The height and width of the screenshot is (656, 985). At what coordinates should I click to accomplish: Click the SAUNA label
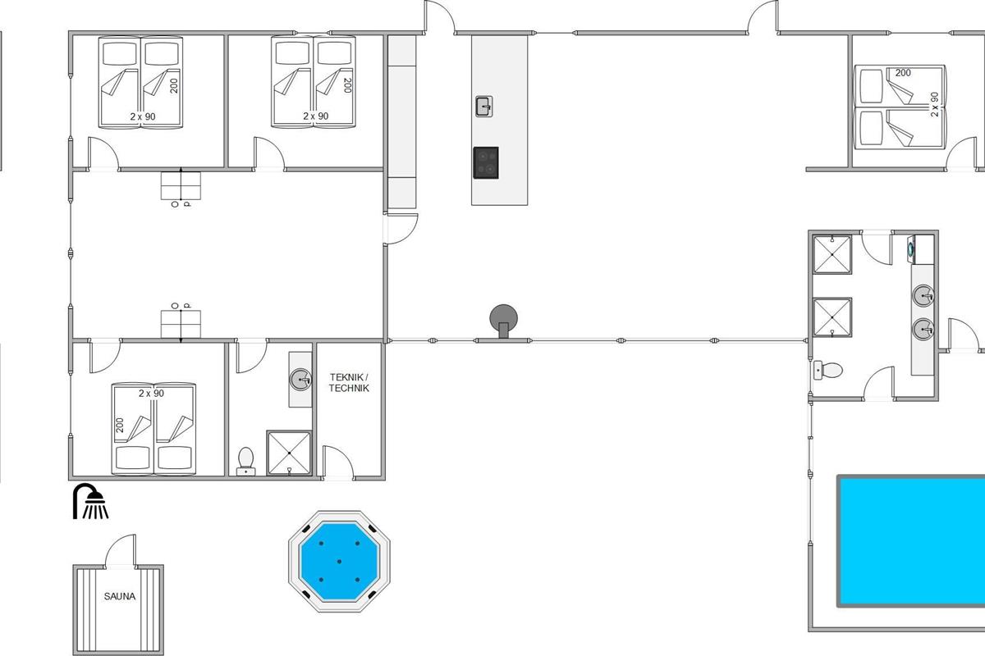coord(120,596)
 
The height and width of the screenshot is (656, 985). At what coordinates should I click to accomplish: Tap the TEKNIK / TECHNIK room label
coord(349,382)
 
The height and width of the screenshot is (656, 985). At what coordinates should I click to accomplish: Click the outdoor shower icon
coord(90,501)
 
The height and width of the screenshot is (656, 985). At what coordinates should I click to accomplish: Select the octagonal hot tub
coord(339,561)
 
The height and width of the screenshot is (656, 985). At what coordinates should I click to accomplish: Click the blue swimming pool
coord(911,541)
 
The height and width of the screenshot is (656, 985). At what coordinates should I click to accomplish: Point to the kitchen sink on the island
coord(483,107)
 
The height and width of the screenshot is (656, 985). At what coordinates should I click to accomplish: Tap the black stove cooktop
coord(486,162)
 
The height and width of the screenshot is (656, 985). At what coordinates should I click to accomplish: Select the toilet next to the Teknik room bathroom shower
coord(245,462)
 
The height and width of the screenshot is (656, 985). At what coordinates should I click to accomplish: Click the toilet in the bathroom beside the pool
coord(828,370)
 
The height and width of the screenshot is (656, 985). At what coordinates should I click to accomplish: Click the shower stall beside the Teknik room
coord(289,453)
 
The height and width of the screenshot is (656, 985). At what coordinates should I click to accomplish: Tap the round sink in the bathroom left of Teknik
coord(300,379)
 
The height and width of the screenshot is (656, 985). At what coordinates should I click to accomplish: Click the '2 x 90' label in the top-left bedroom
coord(143,116)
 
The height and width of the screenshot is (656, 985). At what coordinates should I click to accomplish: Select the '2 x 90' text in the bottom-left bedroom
coord(151,394)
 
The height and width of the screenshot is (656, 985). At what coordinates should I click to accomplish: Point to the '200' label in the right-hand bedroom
coord(903,73)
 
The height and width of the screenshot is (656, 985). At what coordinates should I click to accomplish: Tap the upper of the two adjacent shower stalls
coord(832,254)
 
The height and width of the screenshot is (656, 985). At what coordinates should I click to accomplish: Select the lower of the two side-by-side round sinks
coord(923,329)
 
